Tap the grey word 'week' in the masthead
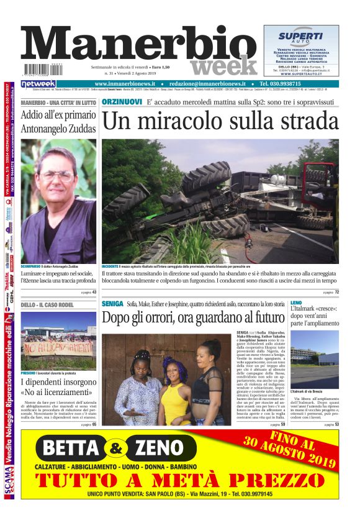click(x=223, y=66)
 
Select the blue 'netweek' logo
click(x=38, y=84)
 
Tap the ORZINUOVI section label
click(x=120, y=101)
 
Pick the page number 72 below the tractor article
click(x=337, y=291)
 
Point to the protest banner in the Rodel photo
click(x=58, y=348)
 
